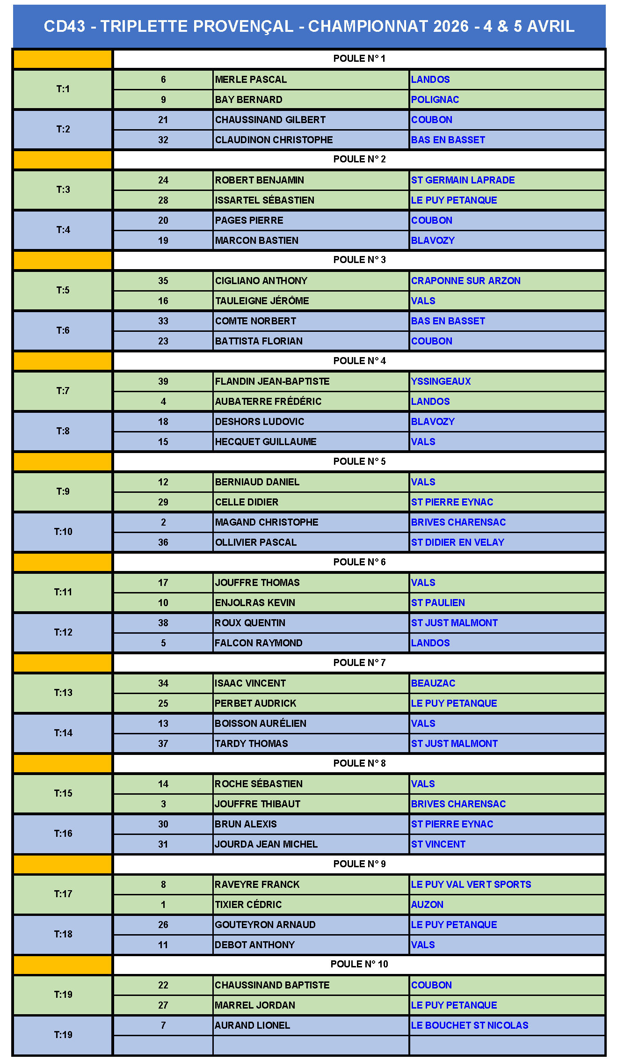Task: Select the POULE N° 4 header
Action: point(359,361)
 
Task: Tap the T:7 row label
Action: point(63,391)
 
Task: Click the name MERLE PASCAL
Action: point(251,80)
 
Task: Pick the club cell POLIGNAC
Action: point(435,100)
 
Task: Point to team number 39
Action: point(163,381)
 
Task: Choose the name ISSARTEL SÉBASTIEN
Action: point(265,200)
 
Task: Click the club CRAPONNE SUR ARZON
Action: point(465,281)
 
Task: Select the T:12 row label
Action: point(63,632)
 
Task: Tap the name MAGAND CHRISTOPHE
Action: point(267,522)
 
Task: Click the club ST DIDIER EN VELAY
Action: point(457,542)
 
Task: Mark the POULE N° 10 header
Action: point(359,964)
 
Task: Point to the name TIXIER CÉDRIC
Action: point(248,905)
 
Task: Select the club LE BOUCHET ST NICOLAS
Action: point(470,1025)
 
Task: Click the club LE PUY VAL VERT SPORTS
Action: point(471,885)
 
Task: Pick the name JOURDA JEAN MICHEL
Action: point(266,844)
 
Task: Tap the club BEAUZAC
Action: point(433,683)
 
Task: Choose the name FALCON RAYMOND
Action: point(259,643)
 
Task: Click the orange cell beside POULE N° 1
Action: point(63,59)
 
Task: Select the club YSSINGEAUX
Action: point(441,381)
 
